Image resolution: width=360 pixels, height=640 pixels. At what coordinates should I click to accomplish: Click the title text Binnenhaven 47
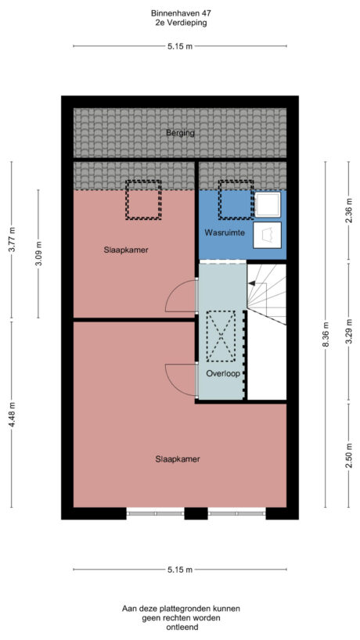pyautogui.click(x=180, y=13)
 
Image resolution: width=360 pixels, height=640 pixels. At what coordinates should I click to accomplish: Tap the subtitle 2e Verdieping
pyautogui.click(x=180, y=23)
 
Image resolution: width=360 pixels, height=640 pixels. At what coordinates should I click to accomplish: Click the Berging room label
pyautogui.click(x=180, y=133)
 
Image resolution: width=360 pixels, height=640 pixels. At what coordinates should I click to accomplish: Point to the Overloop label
pyautogui.click(x=222, y=373)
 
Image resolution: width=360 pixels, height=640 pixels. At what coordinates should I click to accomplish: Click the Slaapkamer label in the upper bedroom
pyautogui.click(x=126, y=250)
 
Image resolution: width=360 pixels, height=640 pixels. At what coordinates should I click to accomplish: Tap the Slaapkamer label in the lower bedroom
pyautogui.click(x=178, y=458)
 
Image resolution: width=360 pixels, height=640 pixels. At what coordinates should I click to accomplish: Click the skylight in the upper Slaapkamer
pyautogui.click(x=143, y=200)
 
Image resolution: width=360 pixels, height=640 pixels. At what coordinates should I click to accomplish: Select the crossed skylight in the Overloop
pyautogui.click(x=220, y=336)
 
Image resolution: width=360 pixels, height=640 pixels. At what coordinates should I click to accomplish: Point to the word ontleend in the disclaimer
pyautogui.click(x=180, y=627)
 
